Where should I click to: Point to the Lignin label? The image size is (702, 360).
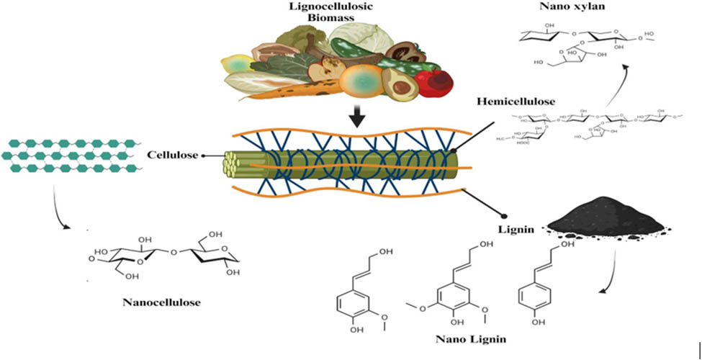click(516, 228)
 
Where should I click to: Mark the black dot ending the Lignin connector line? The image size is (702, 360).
click(503, 215)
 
